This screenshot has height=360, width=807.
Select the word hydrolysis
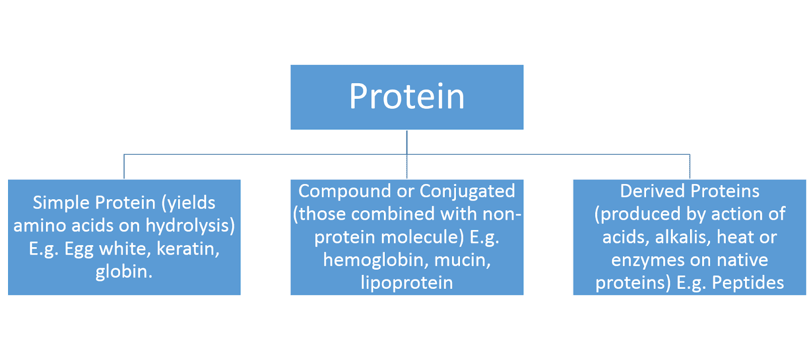tap(190, 226)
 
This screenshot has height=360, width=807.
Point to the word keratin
tap(188, 249)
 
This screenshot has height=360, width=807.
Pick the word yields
tap(191, 203)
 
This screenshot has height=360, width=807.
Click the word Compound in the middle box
tap(344, 191)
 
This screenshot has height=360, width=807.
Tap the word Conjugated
tap(467, 192)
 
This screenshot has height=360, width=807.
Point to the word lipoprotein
tap(407, 283)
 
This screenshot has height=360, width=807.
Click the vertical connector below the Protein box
tap(407, 143)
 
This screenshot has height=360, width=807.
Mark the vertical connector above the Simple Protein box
tap(124, 167)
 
